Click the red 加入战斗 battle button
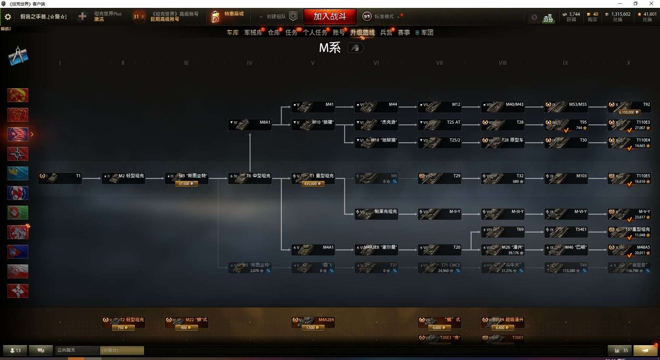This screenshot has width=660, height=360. (330, 16)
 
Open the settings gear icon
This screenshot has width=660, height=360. (8, 17)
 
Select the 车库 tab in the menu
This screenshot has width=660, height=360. (232, 33)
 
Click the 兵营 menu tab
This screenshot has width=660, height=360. (386, 33)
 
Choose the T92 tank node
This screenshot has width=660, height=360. (629, 107)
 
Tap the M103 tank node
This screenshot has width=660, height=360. (566, 178)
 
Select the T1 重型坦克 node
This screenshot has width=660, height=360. (313, 178)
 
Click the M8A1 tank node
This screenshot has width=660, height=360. (250, 125)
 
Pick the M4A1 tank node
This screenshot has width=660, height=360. (313, 250)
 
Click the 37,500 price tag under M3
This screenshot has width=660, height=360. (186, 184)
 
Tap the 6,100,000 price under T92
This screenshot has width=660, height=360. (629, 112)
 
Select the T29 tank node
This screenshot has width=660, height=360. (439, 178)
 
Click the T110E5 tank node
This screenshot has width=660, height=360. (629, 178)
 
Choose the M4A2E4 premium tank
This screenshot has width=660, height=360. (313, 322)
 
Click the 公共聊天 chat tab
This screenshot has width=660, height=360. (67, 350)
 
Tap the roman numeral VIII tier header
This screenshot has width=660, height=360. (503, 63)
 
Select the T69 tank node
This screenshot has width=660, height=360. (503, 232)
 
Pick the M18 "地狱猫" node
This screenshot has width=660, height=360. (376, 143)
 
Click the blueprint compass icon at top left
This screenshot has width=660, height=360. (18, 56)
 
